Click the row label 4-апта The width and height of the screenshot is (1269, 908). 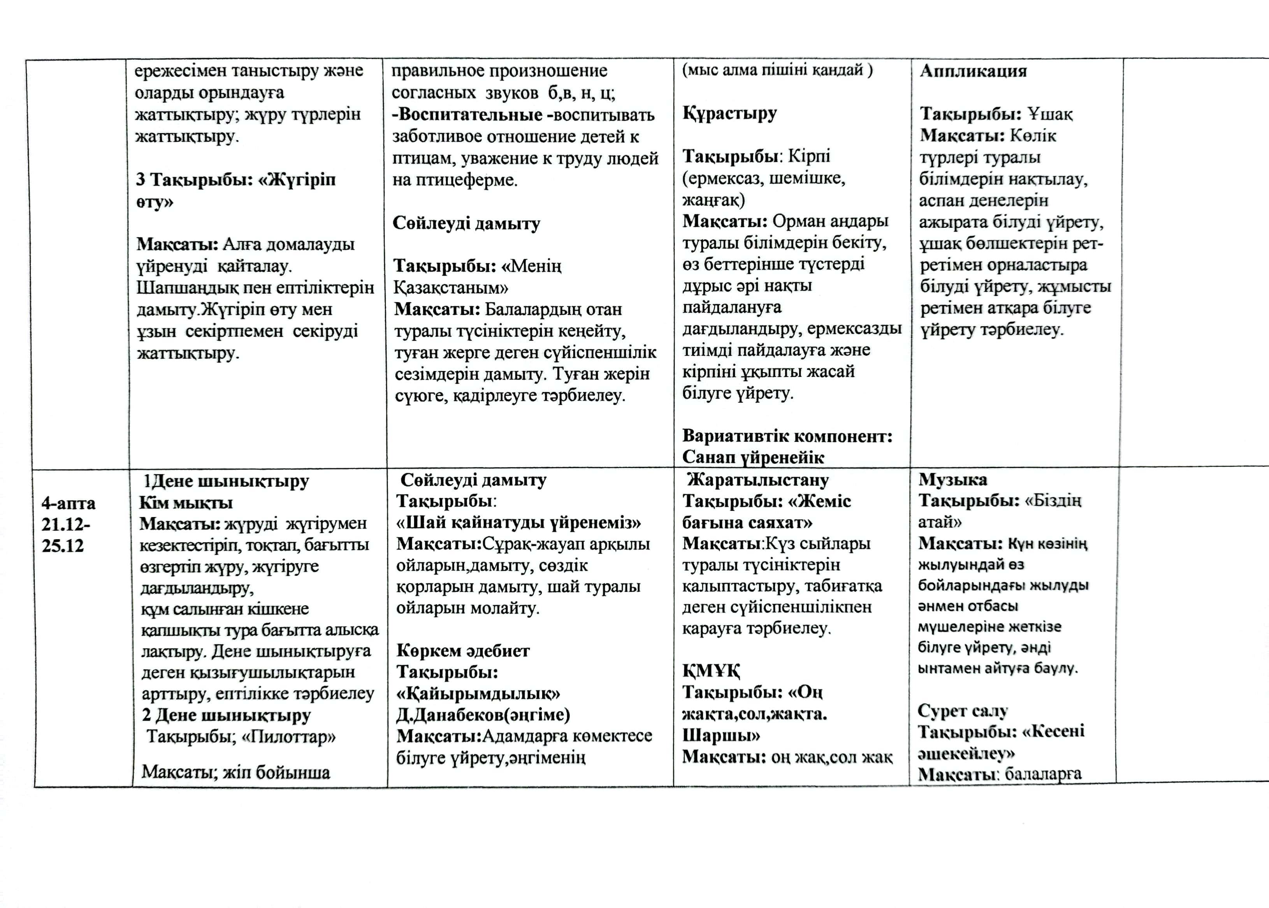click(68, 503)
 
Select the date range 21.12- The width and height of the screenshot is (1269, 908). click(66, 524)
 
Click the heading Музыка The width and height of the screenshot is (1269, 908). click(953, 479)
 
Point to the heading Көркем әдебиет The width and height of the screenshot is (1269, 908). click(463, 650)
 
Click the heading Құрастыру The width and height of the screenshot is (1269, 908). click(729, 114)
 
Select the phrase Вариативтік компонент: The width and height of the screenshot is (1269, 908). click(787, 436)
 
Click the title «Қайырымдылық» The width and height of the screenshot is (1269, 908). click(478, 693)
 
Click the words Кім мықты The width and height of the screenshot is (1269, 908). click(186, 503)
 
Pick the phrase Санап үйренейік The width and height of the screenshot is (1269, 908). click(753, 458)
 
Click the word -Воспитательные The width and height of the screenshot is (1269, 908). click(468, 114)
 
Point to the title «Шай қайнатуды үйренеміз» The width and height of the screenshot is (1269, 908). click(518, 523)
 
